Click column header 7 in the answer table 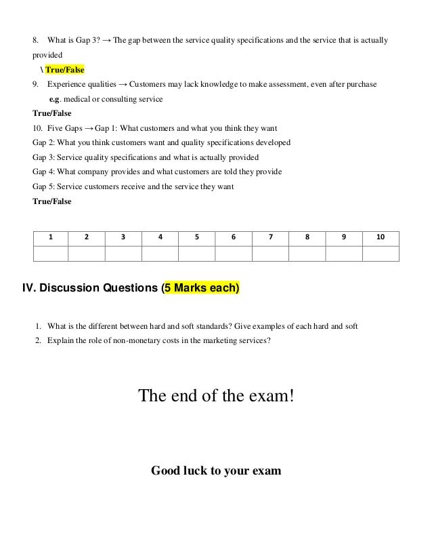pyautogui.click(x=270, y=237)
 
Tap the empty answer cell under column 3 pyautogui.click(x=123, y=254)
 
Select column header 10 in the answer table pyautogui.click(x=381, y=237)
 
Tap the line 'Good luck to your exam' pyautogui.click(x=215, y=470)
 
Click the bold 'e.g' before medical pyautogui.click(x=57, y=99)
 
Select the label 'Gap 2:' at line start pyautogui.click(x=44, y=142)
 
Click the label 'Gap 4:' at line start pyautogui.click(x=44, y=172)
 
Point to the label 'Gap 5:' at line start pyautogui.click(x=44, y=186)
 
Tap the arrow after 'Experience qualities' pyautogui.click(x=121, y=84)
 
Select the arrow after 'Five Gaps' pyautogui.click(x=89, y=128)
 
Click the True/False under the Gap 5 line pyautogui.click(x=51, y=201)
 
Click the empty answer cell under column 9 pyautogui.click(x=344, y=254)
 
